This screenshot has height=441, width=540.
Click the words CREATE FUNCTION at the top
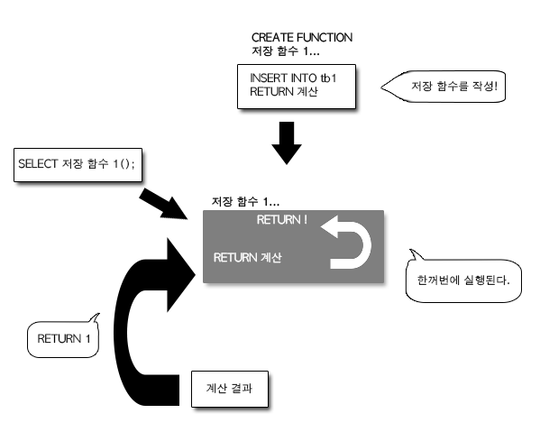click(x=302, y=37)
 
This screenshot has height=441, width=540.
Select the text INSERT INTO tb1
click(x=293, y=78)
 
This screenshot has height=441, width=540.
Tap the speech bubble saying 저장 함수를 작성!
click(x=444, y=87)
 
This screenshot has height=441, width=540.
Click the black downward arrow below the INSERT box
click(x=287, y=142)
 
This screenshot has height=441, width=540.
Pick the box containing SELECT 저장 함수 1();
click(x=78, y=165)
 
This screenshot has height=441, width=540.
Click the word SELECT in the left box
click(x=38, y=163)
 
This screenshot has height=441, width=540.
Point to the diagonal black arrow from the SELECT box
click(x=162, y=204)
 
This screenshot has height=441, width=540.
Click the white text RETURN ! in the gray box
click(x=281, y=220)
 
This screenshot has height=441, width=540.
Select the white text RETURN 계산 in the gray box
click(x=248, y=257)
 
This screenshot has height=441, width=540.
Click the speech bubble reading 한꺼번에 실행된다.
click(x=463, y=280)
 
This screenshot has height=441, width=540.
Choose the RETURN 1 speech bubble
click(x=63, y=338)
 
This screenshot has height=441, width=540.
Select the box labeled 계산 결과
click(x=230, y=389)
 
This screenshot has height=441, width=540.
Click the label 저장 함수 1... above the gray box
click(x=245, y=201)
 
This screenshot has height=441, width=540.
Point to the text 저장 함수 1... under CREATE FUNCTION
click(x=286, y=51)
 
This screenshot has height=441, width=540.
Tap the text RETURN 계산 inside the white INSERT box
click(x=284, y=92)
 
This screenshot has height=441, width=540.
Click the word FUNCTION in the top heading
click(x=325, y=37)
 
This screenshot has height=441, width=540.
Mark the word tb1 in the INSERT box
click(x=328, y=78)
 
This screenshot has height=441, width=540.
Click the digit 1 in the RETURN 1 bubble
click(x=87, y=339)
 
